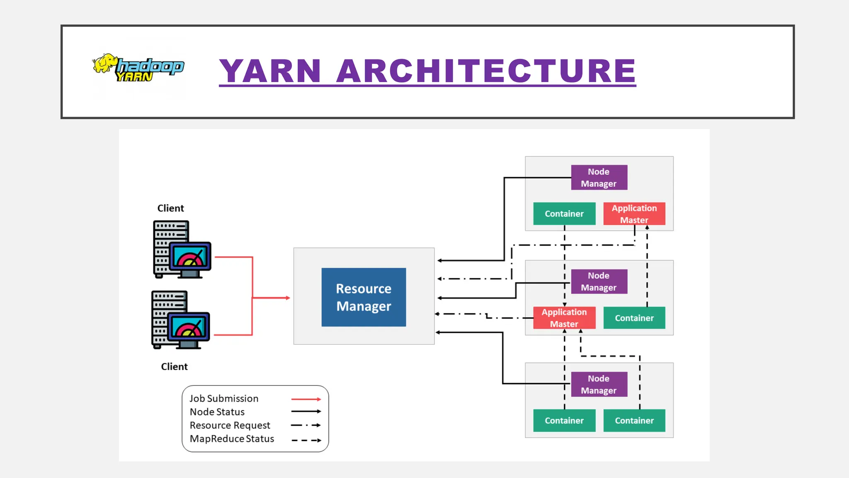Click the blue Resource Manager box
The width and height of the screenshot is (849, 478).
click(x=364, y=297)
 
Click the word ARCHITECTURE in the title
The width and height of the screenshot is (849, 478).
click(x=486, y=71)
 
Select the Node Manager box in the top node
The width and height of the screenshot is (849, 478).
click(x=599, y=178)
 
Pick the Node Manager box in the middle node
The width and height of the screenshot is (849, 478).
click(x=599, y=282)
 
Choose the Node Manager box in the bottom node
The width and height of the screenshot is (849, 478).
click(x=599, y=385)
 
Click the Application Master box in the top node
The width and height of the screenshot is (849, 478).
click(x=634, y=214)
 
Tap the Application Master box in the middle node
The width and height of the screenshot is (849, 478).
click(x=564, y=318)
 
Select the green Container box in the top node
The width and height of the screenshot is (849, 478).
click(x=564, y=214)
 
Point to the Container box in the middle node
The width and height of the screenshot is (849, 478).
click(x=634, y=318)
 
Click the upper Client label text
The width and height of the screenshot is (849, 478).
click(x=170, y=208)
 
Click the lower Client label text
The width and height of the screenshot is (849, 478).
click(x=174, y=367)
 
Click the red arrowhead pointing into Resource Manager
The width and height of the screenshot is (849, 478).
click(x=288, y=298)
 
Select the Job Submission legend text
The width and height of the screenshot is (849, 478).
click(x=224, y=399)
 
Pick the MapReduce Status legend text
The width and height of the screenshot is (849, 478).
click(x=232, y=439)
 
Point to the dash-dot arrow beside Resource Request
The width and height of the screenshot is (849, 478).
click(x=306, y=425)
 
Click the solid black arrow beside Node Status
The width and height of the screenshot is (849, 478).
click(x=306, y=412)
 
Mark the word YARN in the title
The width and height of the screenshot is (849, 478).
click(x=270, y=71)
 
